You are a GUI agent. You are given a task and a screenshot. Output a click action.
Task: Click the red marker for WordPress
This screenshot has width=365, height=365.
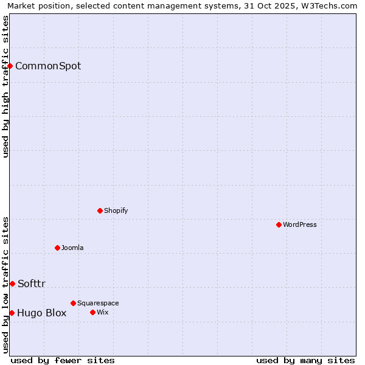pos(279,224)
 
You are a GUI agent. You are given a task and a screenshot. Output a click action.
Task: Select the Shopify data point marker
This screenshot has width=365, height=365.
pos(100,210)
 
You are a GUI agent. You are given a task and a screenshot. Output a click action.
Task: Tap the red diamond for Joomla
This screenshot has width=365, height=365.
pos(57,248)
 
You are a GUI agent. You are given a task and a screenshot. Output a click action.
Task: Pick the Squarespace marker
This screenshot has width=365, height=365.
pos(73,303)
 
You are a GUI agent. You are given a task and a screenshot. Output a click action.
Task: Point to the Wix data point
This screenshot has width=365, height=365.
pos(92,312)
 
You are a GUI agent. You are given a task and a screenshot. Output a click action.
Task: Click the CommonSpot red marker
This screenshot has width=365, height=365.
pos(10,66)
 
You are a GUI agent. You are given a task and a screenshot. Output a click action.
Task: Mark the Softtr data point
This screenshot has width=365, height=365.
pos(12,283)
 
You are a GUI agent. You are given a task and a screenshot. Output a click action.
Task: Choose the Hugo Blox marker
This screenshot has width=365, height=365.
pos(12,313)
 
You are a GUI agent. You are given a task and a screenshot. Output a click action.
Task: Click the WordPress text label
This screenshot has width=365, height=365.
pos(300,224)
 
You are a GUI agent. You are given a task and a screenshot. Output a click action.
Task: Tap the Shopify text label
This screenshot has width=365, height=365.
pos(116,210)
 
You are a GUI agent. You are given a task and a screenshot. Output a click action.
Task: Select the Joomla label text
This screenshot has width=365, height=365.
pos(72,248)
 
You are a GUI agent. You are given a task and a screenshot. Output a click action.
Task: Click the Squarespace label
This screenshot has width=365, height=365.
pos(98,303)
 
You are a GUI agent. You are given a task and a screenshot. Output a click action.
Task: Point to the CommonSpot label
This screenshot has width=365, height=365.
pos(48,66)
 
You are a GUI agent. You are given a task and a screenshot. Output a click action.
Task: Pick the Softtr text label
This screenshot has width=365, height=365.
pos(32,283)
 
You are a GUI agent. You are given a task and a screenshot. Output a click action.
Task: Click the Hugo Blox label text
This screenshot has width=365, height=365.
pos(42,313)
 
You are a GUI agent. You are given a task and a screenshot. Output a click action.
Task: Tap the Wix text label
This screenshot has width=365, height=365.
pos(103,312)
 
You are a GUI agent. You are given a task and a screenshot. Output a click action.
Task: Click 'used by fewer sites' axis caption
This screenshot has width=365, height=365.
pos(63,360)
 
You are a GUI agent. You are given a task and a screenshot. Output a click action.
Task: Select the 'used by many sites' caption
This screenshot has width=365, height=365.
pos(305,360)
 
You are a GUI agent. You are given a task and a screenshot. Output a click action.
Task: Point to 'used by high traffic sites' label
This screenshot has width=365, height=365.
pos(6,87)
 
